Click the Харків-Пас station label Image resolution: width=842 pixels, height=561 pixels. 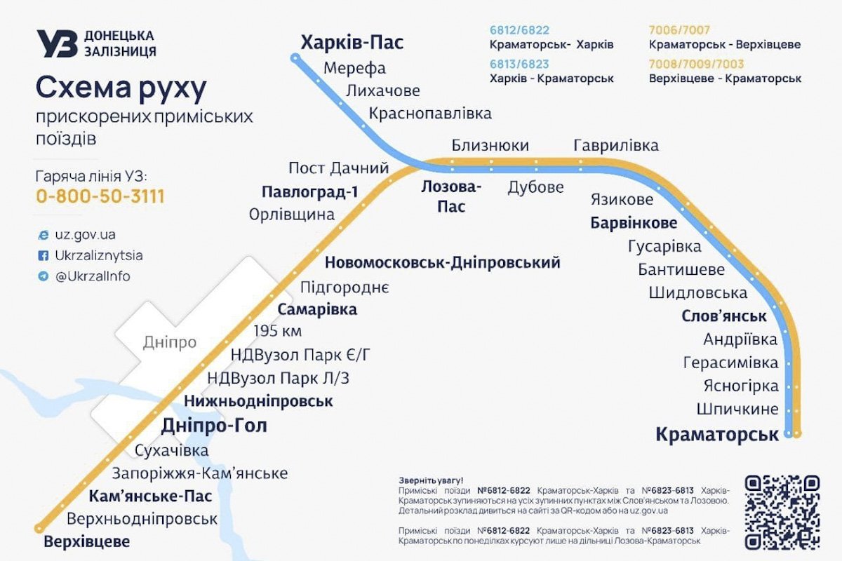click(x=352, y=43)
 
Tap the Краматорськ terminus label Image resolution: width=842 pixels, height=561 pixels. click(x=717, y=435)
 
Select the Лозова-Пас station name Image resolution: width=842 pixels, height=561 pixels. click(x=451, y=196)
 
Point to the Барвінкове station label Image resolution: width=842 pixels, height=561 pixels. click(x=634, y=224)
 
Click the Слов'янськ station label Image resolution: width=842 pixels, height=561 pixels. click(x=724, y=316)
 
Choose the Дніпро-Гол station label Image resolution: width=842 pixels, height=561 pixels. click(x=214, y=426)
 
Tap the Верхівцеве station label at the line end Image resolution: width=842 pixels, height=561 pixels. click(x=87, y=542)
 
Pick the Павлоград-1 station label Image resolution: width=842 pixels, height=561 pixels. click(x=309, y=191)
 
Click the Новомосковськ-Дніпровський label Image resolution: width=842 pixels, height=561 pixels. click(x=442, y=263)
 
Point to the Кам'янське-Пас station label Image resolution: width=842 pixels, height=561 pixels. click(x=150, y=496)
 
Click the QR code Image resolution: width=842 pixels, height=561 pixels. click(x=782, y=512)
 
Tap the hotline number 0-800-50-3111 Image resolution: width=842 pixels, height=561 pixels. click(x=100, y=196)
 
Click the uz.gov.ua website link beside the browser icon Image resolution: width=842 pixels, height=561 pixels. click(x=86, y=235)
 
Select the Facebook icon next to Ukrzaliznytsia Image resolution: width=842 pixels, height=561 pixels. click(x=44, y=256)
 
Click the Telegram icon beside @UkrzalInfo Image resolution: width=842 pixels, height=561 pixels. click(x=44, y=276)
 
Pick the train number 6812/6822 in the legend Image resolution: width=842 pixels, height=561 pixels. click(x=519, y=30)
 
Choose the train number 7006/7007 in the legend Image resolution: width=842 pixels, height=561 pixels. click(x=679, y=30)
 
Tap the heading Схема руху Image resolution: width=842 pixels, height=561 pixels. click(x=121, y=89)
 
